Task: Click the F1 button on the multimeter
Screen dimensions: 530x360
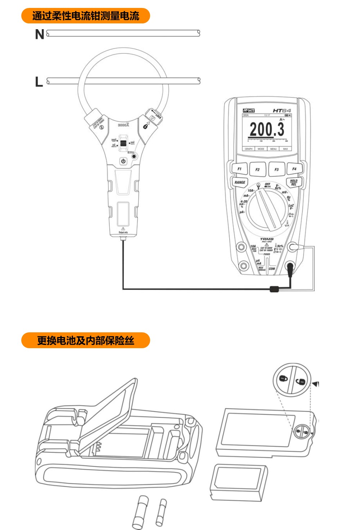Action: [x=239, y=169]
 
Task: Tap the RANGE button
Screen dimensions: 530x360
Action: [x=240, y=182]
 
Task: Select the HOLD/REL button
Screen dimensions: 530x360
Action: [x=294, y=183]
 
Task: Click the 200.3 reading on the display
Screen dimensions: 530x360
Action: [x=267, y=129]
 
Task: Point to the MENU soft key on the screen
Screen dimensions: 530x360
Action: [x=273, y=149]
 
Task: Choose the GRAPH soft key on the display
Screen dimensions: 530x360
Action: [x=249, y=149]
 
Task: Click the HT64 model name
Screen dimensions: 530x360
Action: [x=282, y=111]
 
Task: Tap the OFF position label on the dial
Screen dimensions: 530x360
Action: [x=267, y=184]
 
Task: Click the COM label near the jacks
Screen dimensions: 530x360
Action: [x=272, y=269]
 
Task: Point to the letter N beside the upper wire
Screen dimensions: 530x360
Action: [x=40, y=35]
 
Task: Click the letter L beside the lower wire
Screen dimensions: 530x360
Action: [x=39, y=82]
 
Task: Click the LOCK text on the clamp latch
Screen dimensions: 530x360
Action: [x=158, y=116]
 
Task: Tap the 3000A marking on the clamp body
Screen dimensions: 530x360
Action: [x=123, y=125]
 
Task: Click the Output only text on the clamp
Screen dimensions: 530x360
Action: [x=123, y=233]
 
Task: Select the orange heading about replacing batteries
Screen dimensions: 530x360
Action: [x=86, y=340]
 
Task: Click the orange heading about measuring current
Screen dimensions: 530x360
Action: [x=86, y=16]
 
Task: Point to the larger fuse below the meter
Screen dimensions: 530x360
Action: [x=140, y=512]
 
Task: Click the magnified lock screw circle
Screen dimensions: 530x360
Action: [x=292, y=380]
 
